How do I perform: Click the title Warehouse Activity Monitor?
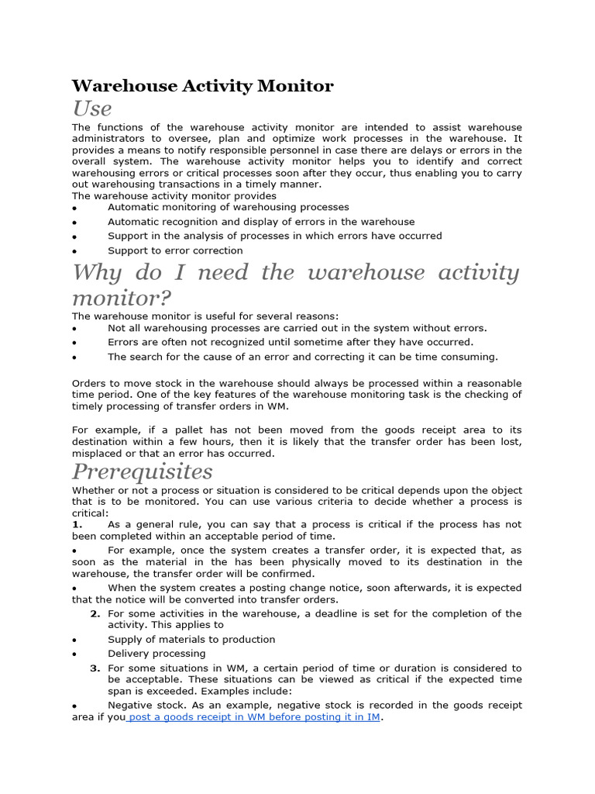click(x=202, y=86)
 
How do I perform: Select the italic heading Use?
click(x=92, y=108)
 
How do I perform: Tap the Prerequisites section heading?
click(x=142, y=471)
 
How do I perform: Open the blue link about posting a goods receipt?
click(x=253, y=717)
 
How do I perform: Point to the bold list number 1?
click(x=77, y=524)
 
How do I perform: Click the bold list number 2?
click(x=95, y=613)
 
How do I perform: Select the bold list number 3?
click(x=95, y=668)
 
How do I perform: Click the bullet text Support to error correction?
click(x=175, y=250)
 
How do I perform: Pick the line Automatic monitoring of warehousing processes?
click(x=228, y=207)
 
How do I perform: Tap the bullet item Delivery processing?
click(x=156, y=653)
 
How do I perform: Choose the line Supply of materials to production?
click(x=191, y=639)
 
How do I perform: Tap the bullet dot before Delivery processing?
click(x=74, y=654)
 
